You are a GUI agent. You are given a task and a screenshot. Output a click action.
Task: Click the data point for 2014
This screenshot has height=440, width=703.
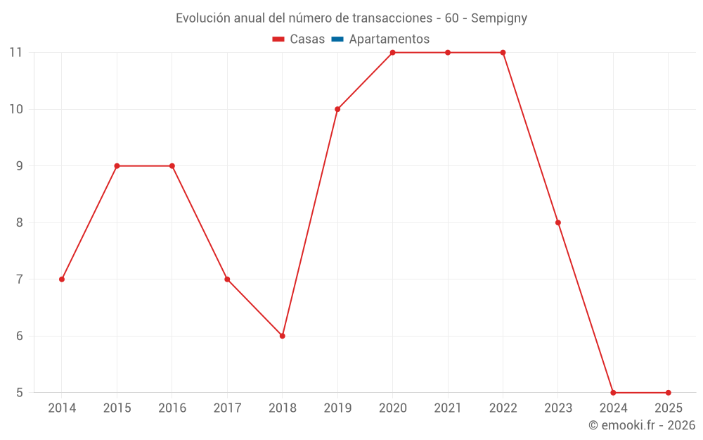pos(62,279)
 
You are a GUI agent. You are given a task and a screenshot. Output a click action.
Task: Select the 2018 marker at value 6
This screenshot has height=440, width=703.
pos(282,336)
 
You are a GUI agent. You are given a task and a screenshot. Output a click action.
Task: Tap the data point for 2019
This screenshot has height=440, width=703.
pos(337,109)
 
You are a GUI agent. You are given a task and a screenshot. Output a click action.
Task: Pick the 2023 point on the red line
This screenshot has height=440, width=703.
pos(558,222)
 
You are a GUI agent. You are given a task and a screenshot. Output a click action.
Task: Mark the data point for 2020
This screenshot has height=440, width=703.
pos(392,53)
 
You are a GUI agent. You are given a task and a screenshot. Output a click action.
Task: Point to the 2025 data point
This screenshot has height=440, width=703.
pos(668,393)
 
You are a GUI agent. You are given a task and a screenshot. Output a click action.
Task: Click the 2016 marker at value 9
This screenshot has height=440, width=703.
pos(172,166)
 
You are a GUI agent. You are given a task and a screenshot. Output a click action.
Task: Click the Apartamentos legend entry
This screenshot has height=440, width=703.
pos(389,39)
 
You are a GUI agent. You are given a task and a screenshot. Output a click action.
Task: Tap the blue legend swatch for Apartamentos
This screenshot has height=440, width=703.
pos(337,39)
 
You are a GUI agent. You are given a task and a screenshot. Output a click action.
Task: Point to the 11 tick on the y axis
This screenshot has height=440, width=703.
pos(16,53)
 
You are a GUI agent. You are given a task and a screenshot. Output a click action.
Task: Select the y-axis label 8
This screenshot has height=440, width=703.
pos(19,222)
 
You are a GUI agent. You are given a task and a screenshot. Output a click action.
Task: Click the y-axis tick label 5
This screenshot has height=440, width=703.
pos(19,393)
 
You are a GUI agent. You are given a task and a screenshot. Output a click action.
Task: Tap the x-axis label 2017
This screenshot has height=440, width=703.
pos(227,408)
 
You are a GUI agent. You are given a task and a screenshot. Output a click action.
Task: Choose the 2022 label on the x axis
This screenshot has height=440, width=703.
pos(503,408)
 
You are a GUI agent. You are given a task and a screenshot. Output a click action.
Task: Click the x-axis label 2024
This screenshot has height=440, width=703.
pos(613,408)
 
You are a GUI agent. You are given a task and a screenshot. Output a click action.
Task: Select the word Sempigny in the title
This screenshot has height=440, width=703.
pos(499,18)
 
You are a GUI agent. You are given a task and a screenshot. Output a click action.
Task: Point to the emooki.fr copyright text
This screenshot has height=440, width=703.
pos(642,425)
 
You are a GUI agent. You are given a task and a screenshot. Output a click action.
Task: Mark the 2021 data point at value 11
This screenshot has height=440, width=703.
pos(448,53)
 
